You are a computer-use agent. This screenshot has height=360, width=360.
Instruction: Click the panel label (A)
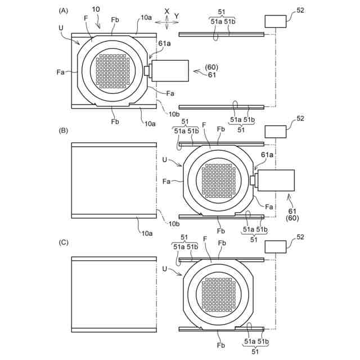tap(64, 11)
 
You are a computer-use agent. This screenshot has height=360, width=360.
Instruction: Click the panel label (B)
tap(64, 130)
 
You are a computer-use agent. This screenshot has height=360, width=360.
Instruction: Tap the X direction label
tap(167, 11)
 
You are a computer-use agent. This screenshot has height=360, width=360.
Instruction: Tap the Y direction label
tap(177, 15)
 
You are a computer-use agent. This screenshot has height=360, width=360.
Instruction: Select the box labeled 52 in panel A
tap(277, 21)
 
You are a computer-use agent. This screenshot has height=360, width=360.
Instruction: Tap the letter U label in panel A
tap(60, 26)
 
